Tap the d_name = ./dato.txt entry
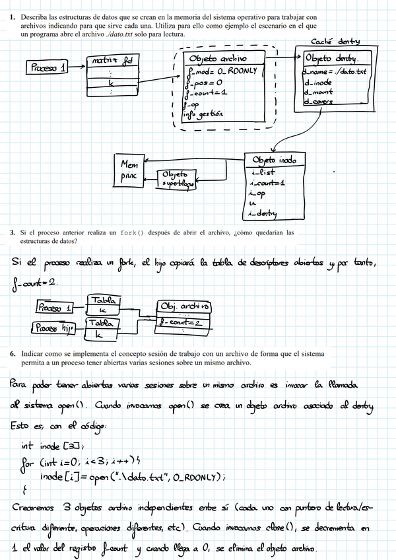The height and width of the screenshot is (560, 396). tap(334, 71)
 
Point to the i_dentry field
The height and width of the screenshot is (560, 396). tap(263, 213)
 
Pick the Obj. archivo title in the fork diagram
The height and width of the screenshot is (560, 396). tap(185, 306)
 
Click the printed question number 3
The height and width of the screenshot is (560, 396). tap(13, 232)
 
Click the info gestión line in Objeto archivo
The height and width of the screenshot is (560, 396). tap(206, 114)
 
